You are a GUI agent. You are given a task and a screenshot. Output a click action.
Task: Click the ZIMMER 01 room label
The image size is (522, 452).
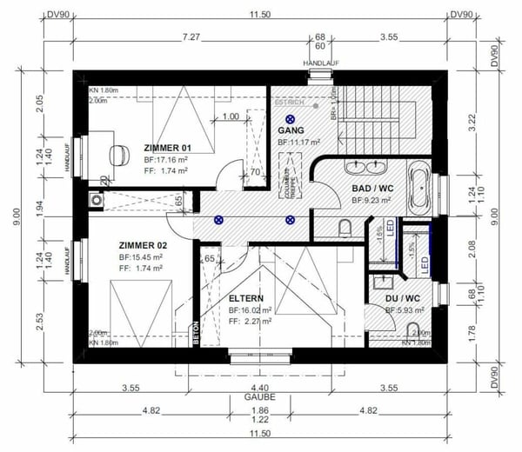coord(166,148)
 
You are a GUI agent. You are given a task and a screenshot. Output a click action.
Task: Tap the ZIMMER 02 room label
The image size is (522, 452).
coord(143,246)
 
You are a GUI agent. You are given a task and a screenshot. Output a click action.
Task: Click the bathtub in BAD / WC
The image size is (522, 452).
coord(418,184)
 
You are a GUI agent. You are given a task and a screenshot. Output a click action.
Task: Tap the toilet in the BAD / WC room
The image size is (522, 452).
coord(345,229)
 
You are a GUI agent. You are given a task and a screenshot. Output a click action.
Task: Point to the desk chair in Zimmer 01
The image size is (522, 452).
coord(117,153)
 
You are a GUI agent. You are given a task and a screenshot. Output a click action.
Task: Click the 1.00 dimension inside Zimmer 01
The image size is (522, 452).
coord(231,116)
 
